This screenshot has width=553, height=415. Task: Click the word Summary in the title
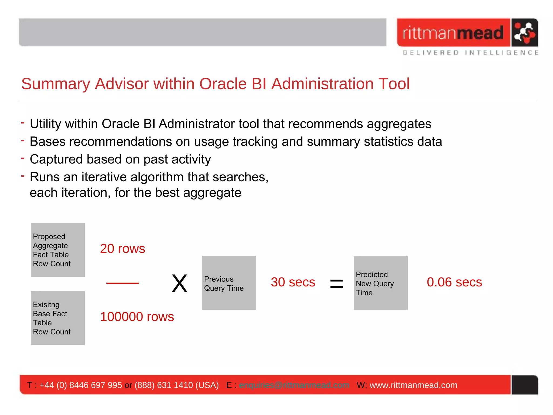(55, 84)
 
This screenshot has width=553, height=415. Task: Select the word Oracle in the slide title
(223, 84)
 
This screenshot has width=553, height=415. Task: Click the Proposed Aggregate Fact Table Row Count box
(58, 250)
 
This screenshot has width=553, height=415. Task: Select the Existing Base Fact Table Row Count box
(58, 318)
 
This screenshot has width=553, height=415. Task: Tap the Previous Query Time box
(229, 283)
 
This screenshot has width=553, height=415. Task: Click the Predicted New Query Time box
(380, 283)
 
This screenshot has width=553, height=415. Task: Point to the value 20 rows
(122, 249)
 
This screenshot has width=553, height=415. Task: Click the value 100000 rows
(137, 317)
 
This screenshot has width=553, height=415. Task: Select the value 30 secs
(293, 282)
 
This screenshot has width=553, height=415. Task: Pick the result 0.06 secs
(454, 282)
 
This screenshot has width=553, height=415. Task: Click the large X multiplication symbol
(180, 283)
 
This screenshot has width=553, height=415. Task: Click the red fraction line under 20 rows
(122, 283)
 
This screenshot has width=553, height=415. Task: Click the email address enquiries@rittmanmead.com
(294, 385)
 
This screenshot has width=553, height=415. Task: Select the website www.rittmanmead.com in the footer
(413, 385)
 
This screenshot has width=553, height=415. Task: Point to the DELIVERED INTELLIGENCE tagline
(470, 53)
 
